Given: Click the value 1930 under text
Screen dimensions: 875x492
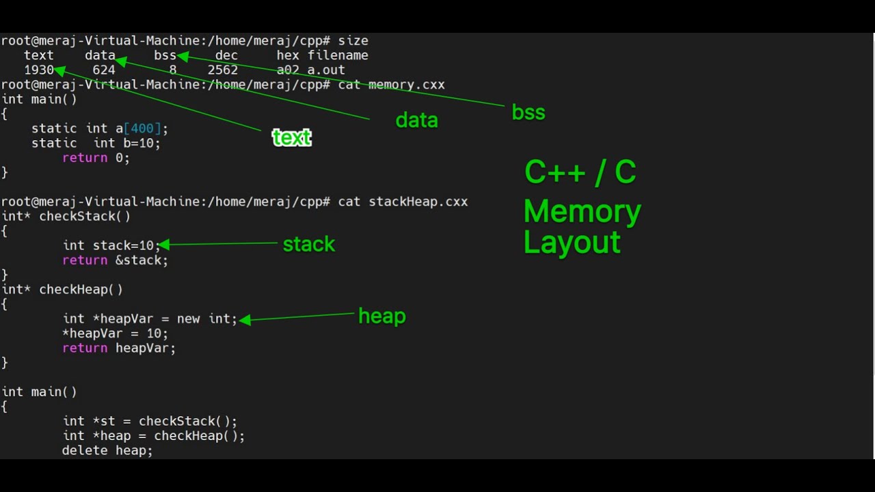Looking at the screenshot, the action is [x=38, y=70].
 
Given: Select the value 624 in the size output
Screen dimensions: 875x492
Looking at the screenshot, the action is [x=103, y=70].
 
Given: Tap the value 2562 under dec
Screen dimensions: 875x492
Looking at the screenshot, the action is [x=223, y=70].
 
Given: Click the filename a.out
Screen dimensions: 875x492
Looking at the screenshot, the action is [x=326, y=70].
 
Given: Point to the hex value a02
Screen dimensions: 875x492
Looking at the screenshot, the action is [x=288, y=70].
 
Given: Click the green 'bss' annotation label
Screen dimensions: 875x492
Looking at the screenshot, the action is [x=528, y=112].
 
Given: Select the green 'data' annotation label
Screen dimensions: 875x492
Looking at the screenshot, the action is [x=416, y=121].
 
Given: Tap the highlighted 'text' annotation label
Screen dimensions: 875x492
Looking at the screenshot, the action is [x=292, y=138].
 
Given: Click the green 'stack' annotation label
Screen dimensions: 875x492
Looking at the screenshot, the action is [x=309, y=245].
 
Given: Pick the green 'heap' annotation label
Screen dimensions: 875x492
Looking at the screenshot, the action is [x=382, y=316].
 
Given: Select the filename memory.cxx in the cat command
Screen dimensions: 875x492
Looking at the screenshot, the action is [x=406, y=85].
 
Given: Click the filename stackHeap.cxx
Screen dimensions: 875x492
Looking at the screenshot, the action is [x=418, y=202].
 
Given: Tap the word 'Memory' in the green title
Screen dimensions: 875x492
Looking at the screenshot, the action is [x=582, y=212].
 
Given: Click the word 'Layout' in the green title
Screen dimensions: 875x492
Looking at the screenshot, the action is [x=572, y=243].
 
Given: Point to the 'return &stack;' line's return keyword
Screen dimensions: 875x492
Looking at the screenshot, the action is [x=85, y=260].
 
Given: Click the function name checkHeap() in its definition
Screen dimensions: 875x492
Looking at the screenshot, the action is [x=81, y=290].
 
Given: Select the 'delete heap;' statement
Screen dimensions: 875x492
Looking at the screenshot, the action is [x=107, y=450].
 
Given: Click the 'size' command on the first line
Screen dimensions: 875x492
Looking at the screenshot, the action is [x=353, y=41].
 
